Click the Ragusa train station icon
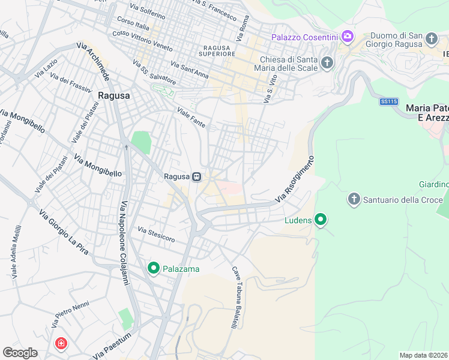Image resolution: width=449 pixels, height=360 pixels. (x=196, y=176)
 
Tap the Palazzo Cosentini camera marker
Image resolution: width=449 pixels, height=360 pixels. (x=347, y=37)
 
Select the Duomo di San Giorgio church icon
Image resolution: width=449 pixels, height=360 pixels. (x=431, y=40)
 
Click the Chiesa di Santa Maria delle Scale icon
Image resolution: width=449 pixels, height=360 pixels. (x=327, y=62)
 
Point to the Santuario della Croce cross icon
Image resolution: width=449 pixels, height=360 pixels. (x=354, y=199)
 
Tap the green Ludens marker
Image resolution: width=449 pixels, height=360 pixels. (x=321, y=220)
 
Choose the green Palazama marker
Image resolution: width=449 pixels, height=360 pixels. (x=153, y=268)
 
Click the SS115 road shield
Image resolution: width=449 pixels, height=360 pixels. (x=389, y=102)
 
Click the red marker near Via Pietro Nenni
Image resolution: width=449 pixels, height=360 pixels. (x=61, y=344)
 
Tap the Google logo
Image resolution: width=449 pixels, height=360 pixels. (x=20, y=352)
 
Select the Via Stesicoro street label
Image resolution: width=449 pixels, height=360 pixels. (x=156, y=235)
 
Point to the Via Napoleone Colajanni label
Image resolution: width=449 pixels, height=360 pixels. (x=124, y=243)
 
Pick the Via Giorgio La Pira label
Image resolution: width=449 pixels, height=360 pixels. (x=63, y=231)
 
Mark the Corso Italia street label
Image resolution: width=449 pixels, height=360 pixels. (x=133, y=26)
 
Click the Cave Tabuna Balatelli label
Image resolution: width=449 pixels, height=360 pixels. (x=235, y=298)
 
